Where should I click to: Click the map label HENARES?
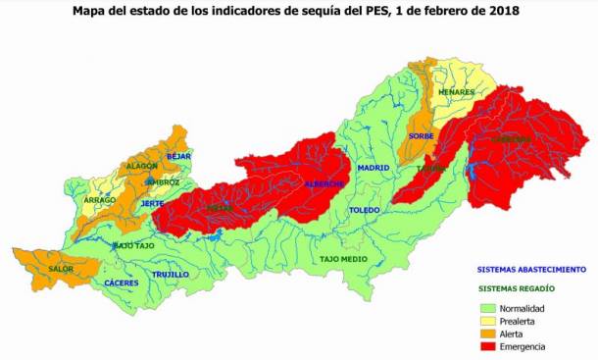(x=457, y=92)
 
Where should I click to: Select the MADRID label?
(x=373, y=168)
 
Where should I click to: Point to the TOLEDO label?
(x=364, y=210)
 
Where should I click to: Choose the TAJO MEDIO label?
(x=342, y=259)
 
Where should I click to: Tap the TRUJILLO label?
(x=170, y=274)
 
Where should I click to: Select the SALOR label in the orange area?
(x=61, y=269)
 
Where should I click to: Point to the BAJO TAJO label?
(x=133, y=245)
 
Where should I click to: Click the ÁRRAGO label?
(x=100, y=200)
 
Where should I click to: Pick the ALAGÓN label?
(x=142, y=167)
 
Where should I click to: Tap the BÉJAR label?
(x=178, y=156)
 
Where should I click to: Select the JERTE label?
(x=152, y=203)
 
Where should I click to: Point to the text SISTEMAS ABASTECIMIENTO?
(x=531, y=268)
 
